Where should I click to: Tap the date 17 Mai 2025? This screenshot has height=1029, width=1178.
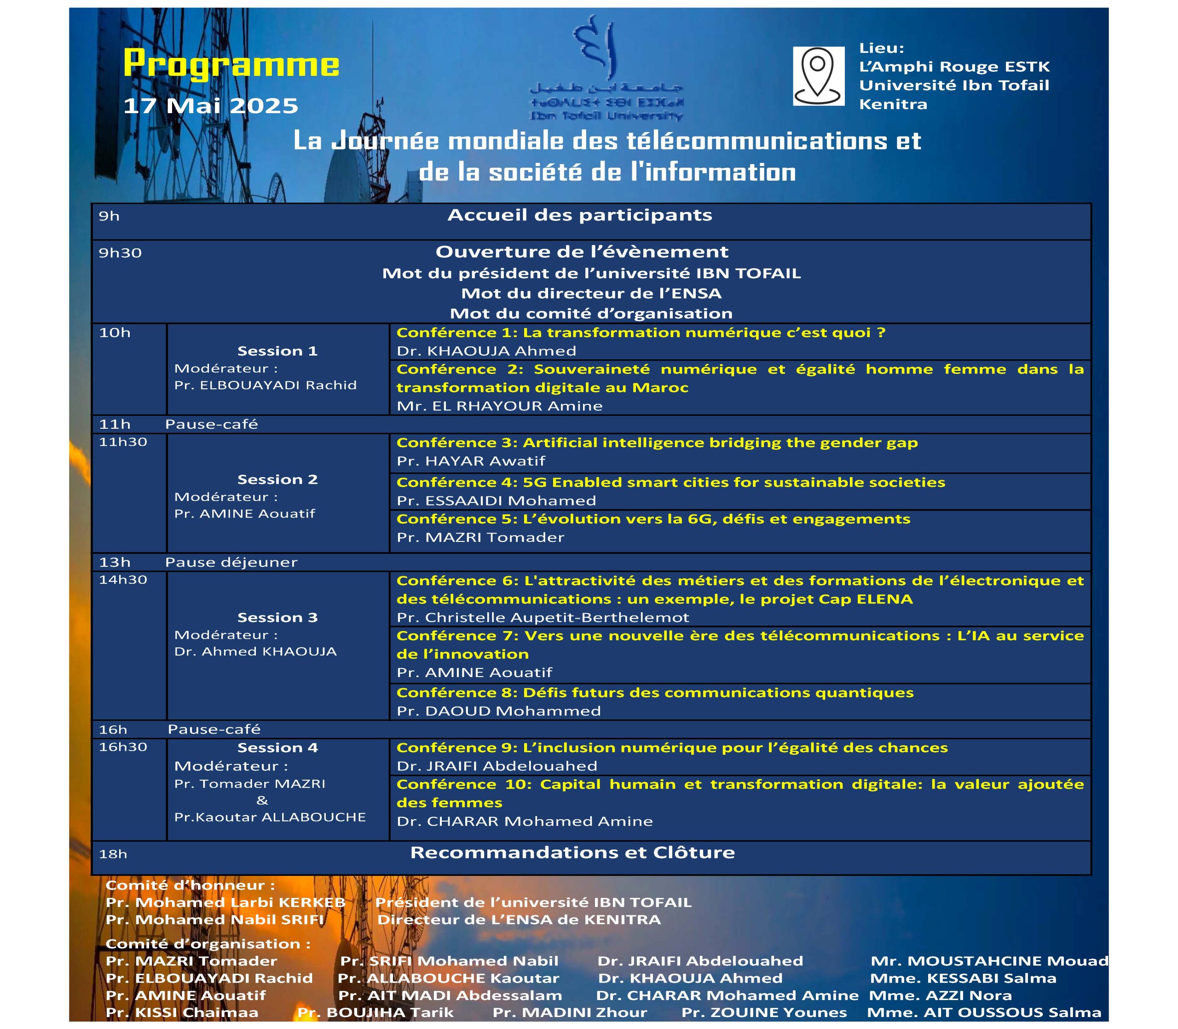tap(211, 106)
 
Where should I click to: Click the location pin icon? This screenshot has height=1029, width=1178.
tap(818, 76)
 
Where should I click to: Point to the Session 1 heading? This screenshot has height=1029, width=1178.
tap(277, 351)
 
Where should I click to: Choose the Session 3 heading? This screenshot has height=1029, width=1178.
tap(277, 617)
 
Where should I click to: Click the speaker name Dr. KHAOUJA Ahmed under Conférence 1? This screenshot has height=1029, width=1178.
tap(486, 351)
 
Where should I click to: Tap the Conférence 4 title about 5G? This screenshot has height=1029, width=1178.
tap(670, 483)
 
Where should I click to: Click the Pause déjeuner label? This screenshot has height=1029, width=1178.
tap(231, 562)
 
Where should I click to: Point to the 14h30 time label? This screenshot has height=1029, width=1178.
tap(123, 580)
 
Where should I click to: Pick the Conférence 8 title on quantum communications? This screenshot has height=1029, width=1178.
tap(655, 692)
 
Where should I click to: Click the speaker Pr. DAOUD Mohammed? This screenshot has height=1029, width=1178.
tap(498, 711)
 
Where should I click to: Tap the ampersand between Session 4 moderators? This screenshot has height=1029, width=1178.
tap(262, 800)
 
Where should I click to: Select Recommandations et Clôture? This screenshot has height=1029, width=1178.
tap(572, 852)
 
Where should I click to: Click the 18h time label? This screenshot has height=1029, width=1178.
tap(113, 854)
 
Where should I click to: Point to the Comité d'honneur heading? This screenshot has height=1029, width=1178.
tap(190, 885)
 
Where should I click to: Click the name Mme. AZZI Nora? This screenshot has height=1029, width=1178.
tap(940, 995)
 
